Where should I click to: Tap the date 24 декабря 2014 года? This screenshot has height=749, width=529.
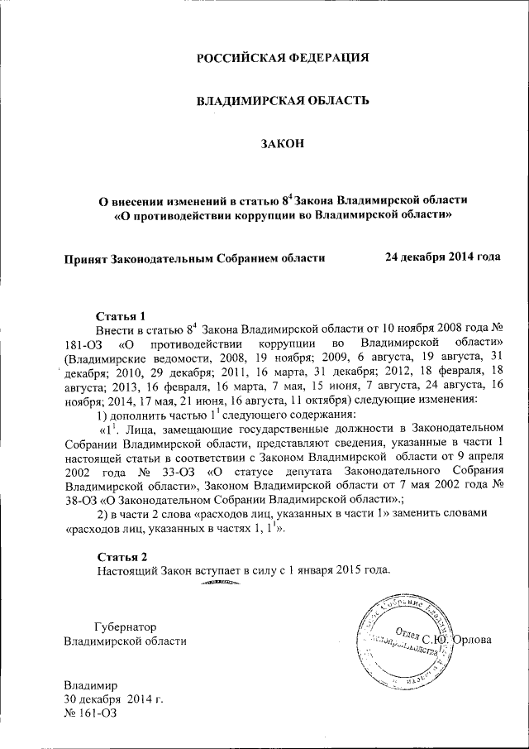tap(442, 257)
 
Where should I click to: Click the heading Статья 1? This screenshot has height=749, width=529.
tap(122, 316)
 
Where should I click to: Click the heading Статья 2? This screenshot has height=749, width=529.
tap(122, 555)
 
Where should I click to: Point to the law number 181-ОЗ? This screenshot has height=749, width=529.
tap(83, 343)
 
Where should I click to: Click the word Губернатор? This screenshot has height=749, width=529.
tap(126, 627)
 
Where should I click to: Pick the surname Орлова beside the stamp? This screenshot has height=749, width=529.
tap(478, 639)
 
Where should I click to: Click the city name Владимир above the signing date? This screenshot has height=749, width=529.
tap(92, 685)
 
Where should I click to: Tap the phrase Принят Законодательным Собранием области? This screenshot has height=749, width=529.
tap(194, 257)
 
